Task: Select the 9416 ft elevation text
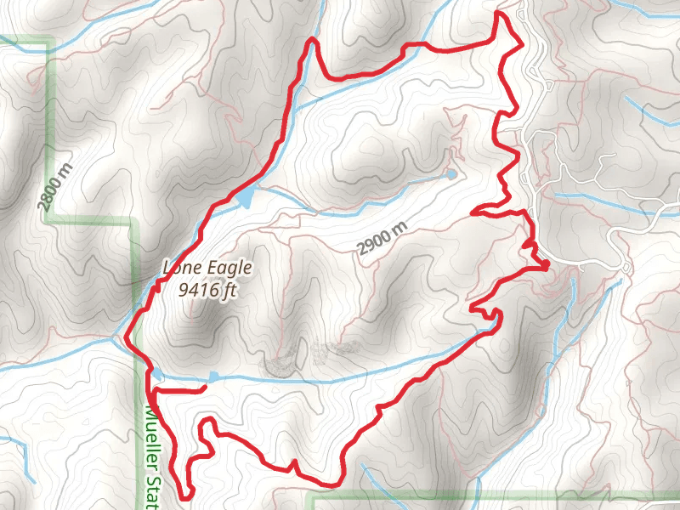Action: click(207, 290)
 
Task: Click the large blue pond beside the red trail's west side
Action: click(244, 198)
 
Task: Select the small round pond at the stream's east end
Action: click(451, 174)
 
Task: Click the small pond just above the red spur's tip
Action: click(214, 376)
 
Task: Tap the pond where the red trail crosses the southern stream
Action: click(158, 373)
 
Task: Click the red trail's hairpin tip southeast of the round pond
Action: click(473, 209)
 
